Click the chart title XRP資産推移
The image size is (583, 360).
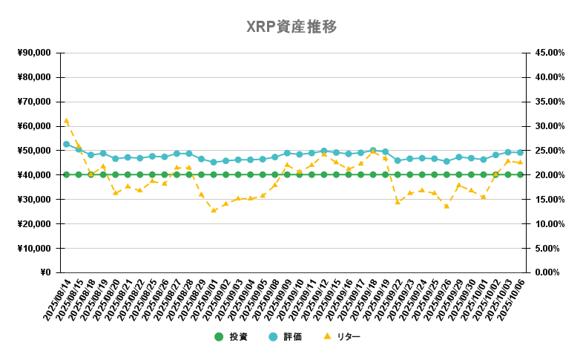click(291, 27)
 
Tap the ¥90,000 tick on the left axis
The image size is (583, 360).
click(33, 53)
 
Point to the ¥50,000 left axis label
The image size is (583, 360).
click(33, 151)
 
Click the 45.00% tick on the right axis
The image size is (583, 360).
click(550, 53)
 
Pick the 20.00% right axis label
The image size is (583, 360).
click(550, 175)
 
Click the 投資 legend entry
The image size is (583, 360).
click(231, 337)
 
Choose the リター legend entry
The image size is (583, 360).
click(340, 337)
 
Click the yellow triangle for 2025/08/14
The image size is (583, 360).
click(66, 120)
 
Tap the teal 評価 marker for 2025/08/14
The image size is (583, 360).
click(66, 144)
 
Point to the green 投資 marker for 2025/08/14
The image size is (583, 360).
click(66, 174)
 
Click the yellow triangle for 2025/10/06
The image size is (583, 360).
click(520, 162)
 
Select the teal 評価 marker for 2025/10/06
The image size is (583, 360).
click(520, 152)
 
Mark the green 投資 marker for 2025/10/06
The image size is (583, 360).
click(520, 174)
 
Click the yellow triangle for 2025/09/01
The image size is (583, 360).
click(214, 210)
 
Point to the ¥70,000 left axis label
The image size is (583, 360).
click(33, 102)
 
